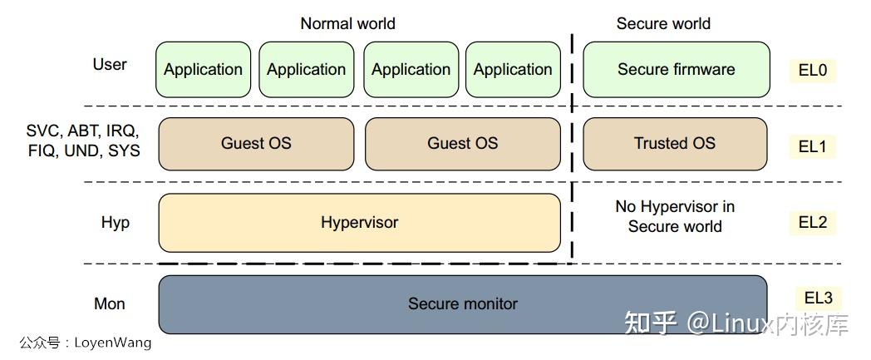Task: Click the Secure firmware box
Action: pyautogui.click(x=676, y=70)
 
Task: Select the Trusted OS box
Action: pyautogui.click(x=675, y=144)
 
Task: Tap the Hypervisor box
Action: pyautogui.click(x=359, y=223)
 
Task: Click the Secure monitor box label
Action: pyautogui.click(x=463, y=303)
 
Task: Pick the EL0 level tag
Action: pyautogui.click(x=813, y=71)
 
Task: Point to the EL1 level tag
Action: pyautogui.click(x=813, y=146)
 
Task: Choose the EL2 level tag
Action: pyautogui.click(x=813, y=223)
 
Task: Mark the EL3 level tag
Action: pyautogui.click(x=819, y=298)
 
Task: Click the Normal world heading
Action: pyautogui.click(x=347, y=23)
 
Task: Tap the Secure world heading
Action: pyautogui.click(x=663, y=23)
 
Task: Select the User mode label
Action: pyautogui.click(x=110, y=65)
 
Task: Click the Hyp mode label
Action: pyautogui.click(x=115, y=223)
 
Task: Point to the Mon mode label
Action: pyautogui.click(x=110, y=304)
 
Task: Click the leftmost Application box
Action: pyautogui.click(x=204, y=70)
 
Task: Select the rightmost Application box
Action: pyautogui.click(x=514, y=70)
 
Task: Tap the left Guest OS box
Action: pyautogui.click(x=256, y=144)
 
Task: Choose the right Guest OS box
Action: pyautogui.click(x=463, y=144)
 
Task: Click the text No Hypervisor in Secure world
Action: pyautogui.click(x=675, y=217)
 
